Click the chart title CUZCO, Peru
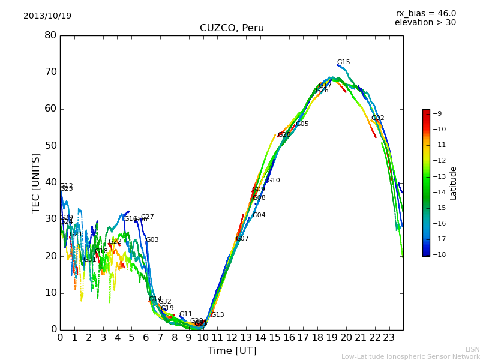coord(232,28)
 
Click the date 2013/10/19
coord(47,16)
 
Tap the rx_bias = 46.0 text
coord(425,13)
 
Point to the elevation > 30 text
coord(425,23)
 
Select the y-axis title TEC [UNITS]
coord(36,182)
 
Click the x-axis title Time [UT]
coord(232,351)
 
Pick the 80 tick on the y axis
coord(50,35)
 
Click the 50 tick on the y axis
coord(50,146)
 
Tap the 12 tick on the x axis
coord(232,338)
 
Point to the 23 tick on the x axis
coord(389,338)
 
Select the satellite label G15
coord(343,62)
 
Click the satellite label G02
coord(377,118)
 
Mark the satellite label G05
coord(302,124)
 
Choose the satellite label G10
coord(273,181)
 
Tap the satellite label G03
coord(152,240)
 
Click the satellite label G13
coord(217,315)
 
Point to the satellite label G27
coord(147,217)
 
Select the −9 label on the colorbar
coord(438,113)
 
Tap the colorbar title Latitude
coord(454,183)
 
